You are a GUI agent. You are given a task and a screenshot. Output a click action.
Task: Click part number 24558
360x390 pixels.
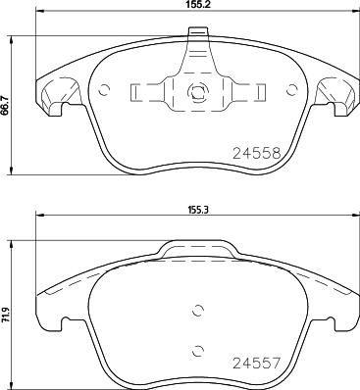(256, 153)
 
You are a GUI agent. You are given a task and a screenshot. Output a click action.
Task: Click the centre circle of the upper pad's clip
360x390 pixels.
(194, 96)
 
